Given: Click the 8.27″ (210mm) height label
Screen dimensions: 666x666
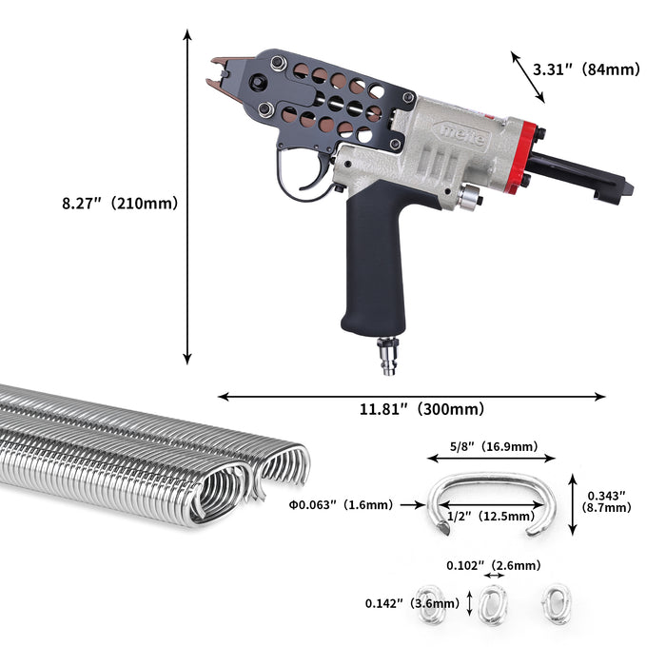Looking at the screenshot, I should [x=120, y=203].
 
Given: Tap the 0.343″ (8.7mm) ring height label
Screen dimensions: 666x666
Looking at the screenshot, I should [x=609, y=501].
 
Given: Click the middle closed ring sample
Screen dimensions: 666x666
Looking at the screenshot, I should [x=493, y=605].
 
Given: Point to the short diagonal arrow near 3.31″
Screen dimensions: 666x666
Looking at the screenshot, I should [x=528, y=77].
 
